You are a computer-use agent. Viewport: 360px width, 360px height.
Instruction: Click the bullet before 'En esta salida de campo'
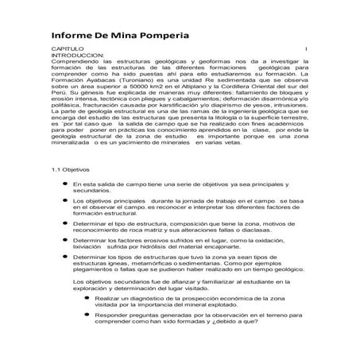[64, 206]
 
